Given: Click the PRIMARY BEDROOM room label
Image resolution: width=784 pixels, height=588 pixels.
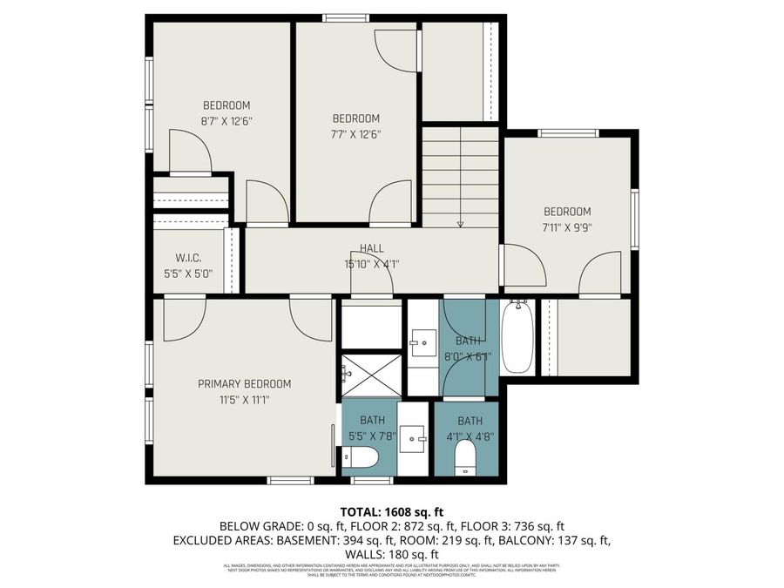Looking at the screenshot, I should tap(244, 383).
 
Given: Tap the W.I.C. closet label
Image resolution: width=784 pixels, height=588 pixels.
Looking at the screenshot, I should tap(188, 257).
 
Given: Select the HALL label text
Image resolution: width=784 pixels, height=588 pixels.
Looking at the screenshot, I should tap(371, 248).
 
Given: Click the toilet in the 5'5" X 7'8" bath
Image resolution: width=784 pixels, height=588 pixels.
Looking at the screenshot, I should tap(359, 456).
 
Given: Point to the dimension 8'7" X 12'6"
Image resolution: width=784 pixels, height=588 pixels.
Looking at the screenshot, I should tap(226, 121).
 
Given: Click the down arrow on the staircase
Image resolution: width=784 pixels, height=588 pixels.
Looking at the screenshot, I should tap(460, 221).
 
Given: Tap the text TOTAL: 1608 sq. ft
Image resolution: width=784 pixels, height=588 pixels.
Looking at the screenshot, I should tap(391, 511).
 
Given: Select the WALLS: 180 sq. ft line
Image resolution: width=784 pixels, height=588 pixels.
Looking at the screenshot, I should tap(391, 554).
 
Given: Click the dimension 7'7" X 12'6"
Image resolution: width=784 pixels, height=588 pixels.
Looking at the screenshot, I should tap(356, 134).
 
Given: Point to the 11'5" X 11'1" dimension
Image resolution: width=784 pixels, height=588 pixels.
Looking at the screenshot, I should tap(244, 400).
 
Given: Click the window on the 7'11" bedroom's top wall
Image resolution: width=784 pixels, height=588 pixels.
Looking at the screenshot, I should tap(567, 133).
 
